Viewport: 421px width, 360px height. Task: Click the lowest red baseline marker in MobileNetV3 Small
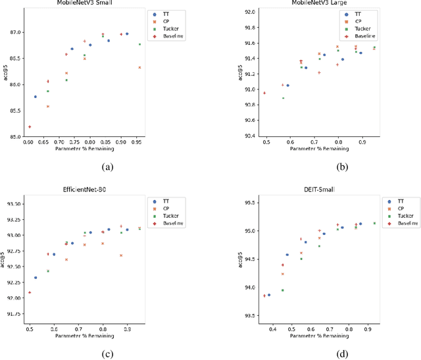coord(30,126)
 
